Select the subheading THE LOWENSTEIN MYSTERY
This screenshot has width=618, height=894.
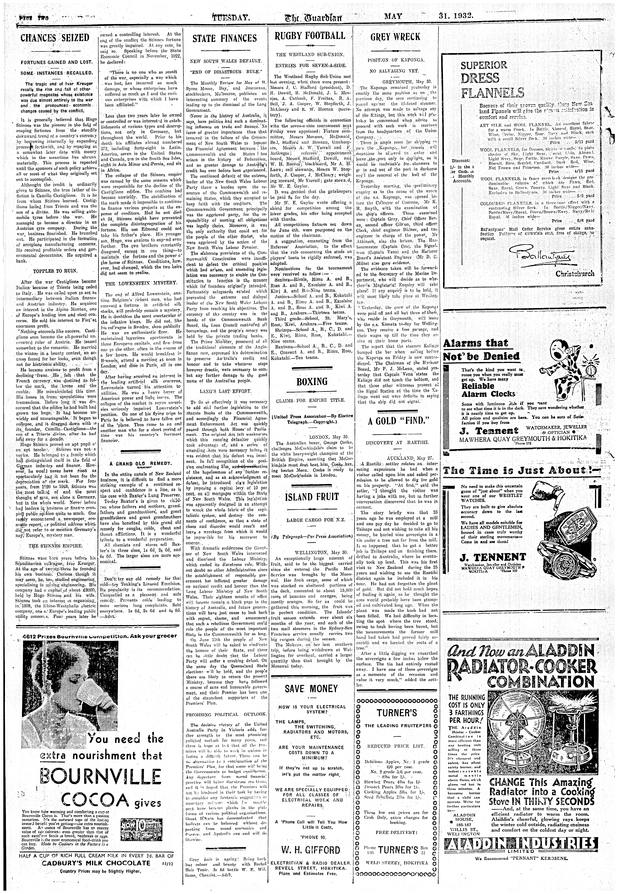coord(141,283)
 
